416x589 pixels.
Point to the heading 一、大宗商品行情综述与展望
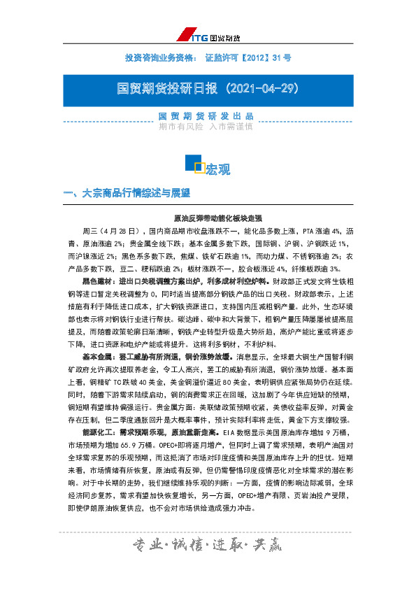click(x=127, y=193)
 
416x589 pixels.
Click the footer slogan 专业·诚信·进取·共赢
click(x=208, y=546)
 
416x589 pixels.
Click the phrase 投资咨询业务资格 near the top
click(x=161, y=55)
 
